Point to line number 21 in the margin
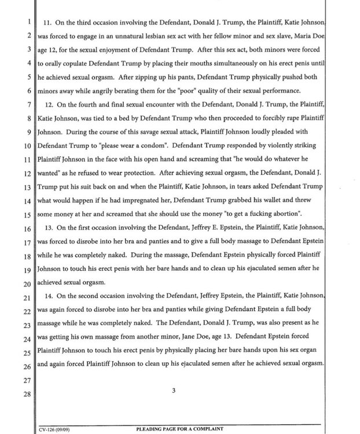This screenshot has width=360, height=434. point(25,297)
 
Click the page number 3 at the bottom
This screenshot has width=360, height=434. point(173,390)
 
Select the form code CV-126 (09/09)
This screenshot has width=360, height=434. point(56,430)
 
